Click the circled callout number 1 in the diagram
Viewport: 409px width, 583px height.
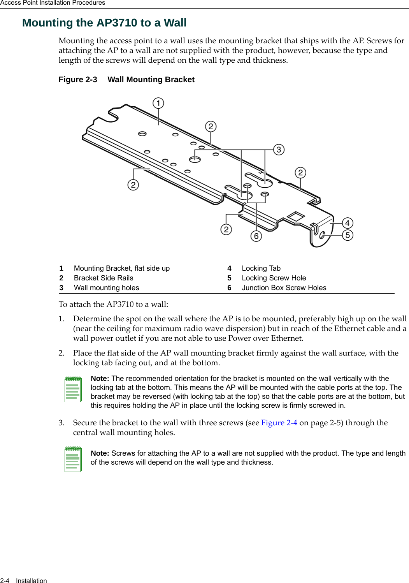pos(158,103)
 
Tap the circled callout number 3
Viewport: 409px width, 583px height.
pos(279,150)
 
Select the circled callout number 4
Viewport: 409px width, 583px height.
pos(348,223)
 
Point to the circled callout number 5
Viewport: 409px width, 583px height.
pos(348,235)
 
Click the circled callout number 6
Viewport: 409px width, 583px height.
pos(256,236)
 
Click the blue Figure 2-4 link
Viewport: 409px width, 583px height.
pos(279,423)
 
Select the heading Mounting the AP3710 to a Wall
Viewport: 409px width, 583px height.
pos(104,23)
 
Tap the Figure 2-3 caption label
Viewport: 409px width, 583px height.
pos(78,79)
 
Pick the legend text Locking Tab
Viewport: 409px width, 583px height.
pos(261,268)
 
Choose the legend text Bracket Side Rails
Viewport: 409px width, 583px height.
pos(104,278)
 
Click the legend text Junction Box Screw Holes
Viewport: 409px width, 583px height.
pos(284,288)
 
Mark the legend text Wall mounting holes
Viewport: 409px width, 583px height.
pos(106,288)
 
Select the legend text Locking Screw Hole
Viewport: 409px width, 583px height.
pos(274,278)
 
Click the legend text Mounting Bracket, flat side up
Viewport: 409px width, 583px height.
pos(122,268)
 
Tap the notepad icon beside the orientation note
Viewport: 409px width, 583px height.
pos(73,389)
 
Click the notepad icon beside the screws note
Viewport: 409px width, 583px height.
pos(73,459)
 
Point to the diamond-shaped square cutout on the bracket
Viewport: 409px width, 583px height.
pos(296,217)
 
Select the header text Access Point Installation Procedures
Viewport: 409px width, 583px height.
pos(53,3)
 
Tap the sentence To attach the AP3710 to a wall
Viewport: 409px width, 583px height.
pos(113,304)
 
